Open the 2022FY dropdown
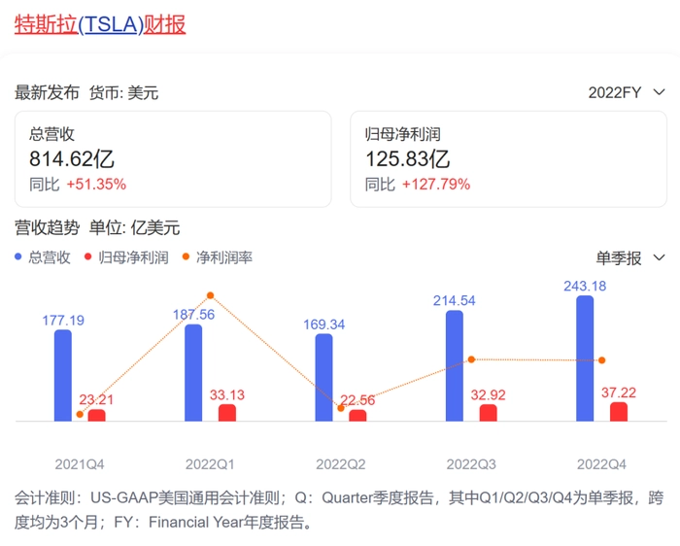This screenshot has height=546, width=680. [628, 92]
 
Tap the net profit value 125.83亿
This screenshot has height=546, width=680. [407, 159]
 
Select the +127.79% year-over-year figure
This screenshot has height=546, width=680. [436, 184]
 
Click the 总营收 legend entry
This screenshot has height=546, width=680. [44, 257]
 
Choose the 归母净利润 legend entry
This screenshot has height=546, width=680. [127, 257]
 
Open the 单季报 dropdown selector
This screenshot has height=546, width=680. [630, 257]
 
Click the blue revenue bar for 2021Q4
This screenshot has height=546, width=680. [62, 375]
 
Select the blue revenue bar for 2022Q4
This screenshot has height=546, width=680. [585, 358]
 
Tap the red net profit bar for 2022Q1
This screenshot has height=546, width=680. [227, 413]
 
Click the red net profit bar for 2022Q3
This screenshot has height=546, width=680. [488, 413]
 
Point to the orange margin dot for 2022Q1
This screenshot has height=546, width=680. [210, 294]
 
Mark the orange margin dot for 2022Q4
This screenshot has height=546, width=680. [602, 360]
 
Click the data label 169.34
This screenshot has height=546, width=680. [324, 323]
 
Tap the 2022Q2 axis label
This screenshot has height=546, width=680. [340, 464]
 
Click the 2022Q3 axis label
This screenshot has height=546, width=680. [471, 464]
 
